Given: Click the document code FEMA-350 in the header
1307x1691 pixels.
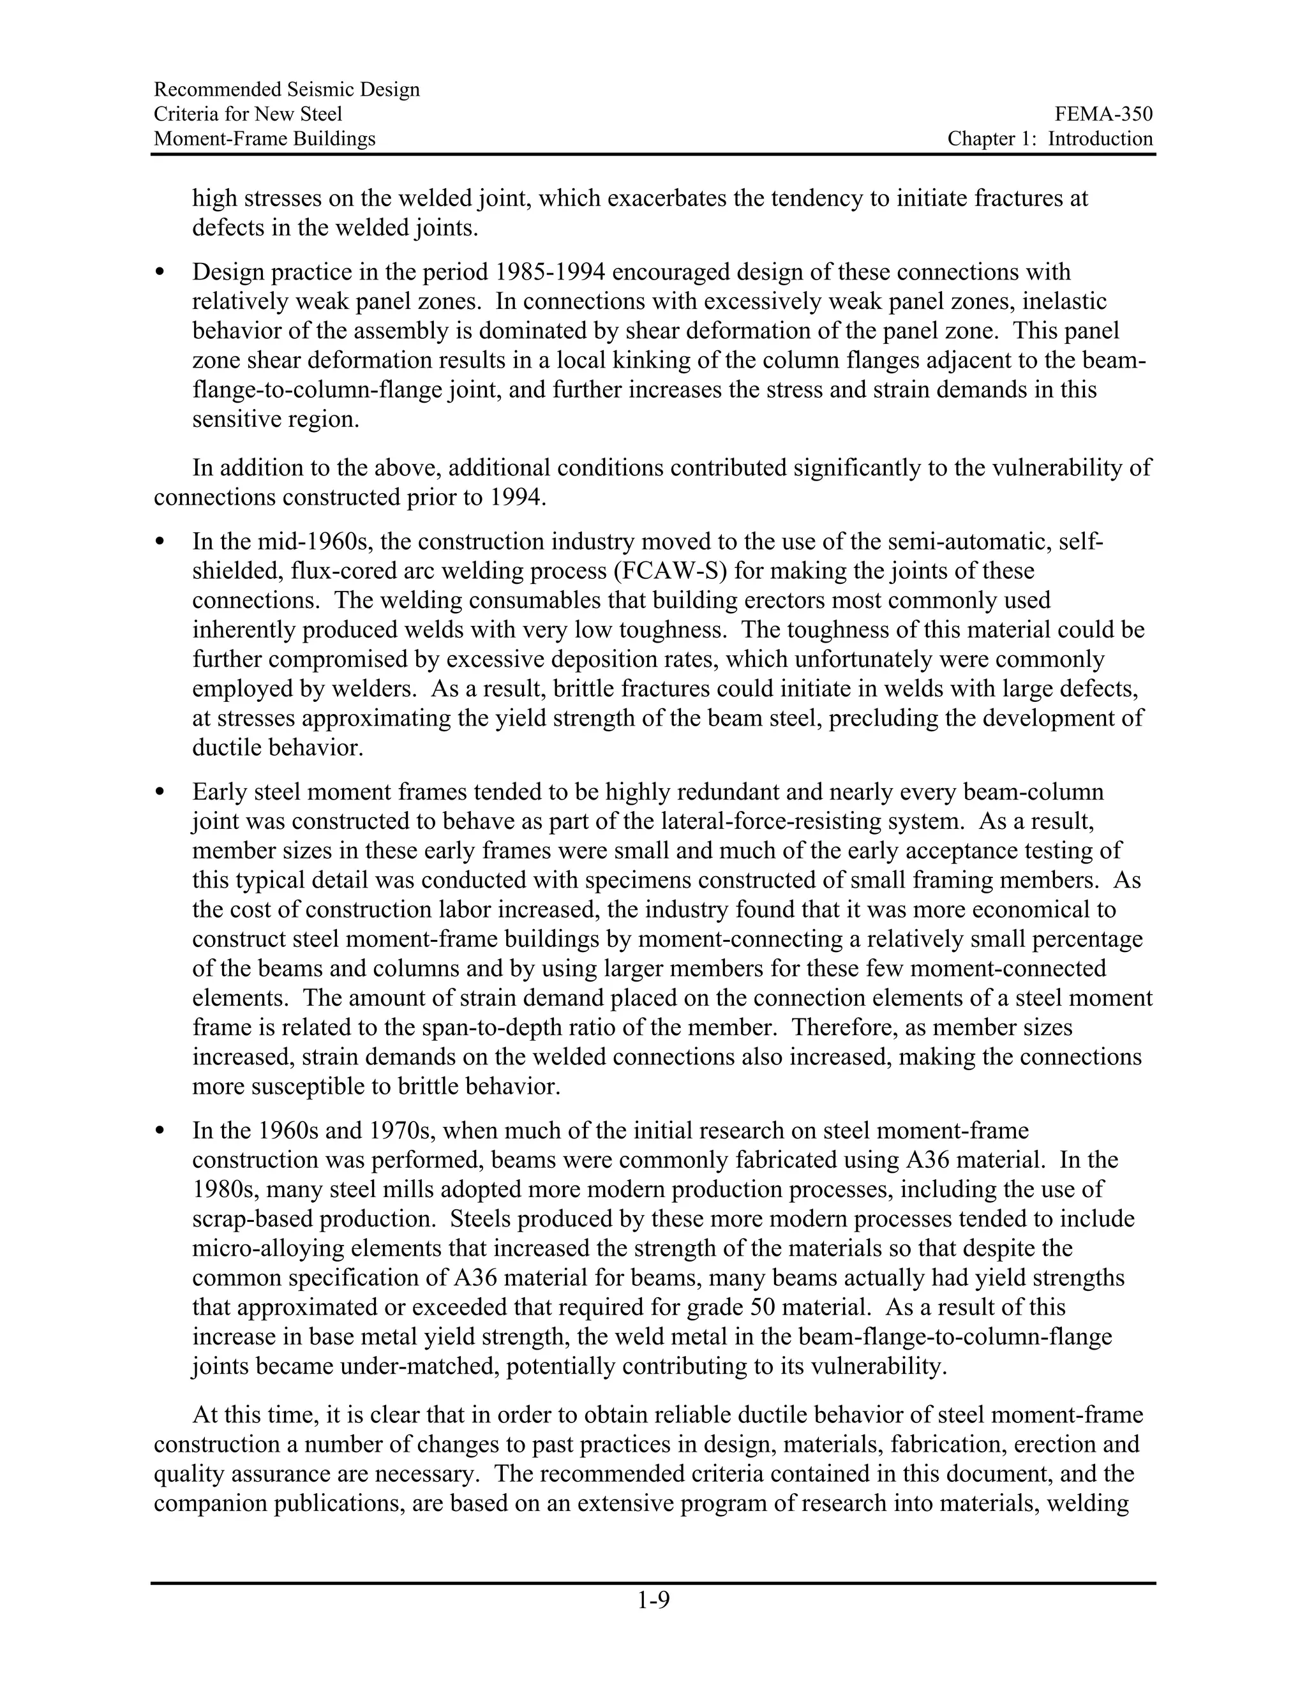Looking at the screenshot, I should pos(1103,115).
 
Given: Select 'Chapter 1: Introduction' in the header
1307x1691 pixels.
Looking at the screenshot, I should pos(1050,138).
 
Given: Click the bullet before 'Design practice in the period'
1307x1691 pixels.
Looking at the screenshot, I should pos(160,272).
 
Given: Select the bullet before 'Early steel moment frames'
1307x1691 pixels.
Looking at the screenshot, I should pos(160,792).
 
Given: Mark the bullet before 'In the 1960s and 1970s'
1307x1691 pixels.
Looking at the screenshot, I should pos(160,1131).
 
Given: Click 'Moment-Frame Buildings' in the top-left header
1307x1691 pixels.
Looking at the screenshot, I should pos(264,138).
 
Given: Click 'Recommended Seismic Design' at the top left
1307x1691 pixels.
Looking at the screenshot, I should pos(287,90).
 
